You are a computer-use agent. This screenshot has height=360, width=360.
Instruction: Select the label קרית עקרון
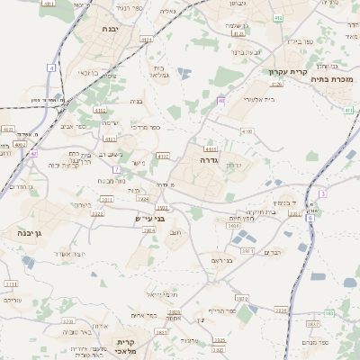pos(287,71)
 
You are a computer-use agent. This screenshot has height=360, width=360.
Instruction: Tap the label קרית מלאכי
pos(125,347)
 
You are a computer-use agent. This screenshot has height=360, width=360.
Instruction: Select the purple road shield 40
pos(220,101)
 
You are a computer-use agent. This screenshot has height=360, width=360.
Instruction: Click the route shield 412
pos(278,17)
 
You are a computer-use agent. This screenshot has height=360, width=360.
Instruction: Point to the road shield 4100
pos(247,131)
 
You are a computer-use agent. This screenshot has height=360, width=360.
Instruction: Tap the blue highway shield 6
pos(310,218)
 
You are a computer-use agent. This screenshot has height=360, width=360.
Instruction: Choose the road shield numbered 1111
pos(12,284)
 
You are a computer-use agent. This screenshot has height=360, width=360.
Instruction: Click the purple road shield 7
pos(116,169)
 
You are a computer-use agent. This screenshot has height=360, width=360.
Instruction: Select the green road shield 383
pos(329,313)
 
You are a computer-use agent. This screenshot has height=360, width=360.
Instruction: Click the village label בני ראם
pos(222,260)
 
